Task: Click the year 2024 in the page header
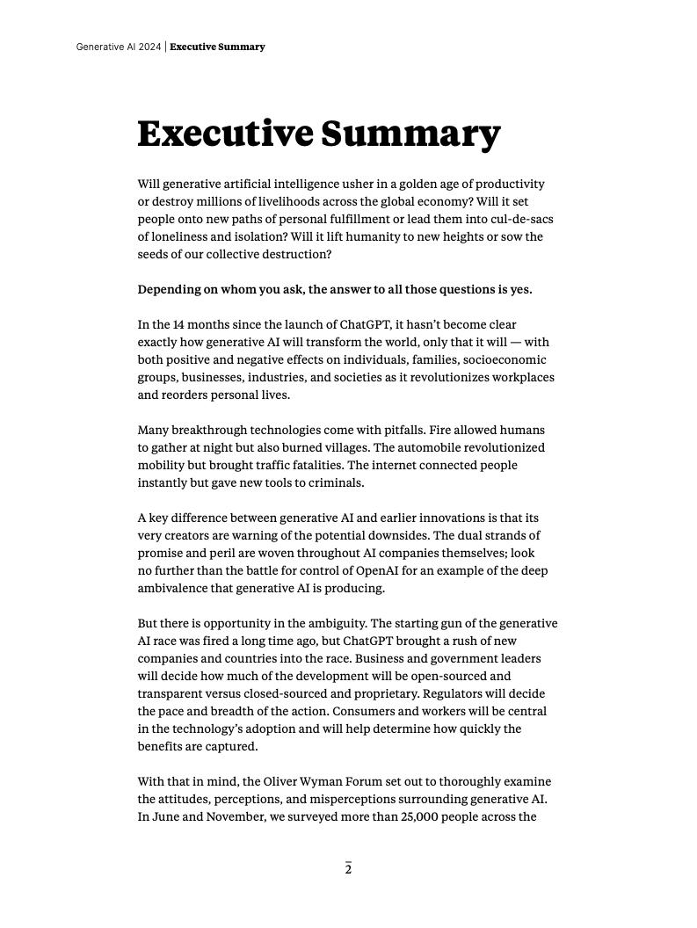click(x=149, y=47)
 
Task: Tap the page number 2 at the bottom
click(x=348, y=870)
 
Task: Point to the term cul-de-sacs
click(x=517, y=220)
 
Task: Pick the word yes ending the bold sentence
click(x=521, y=290)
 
